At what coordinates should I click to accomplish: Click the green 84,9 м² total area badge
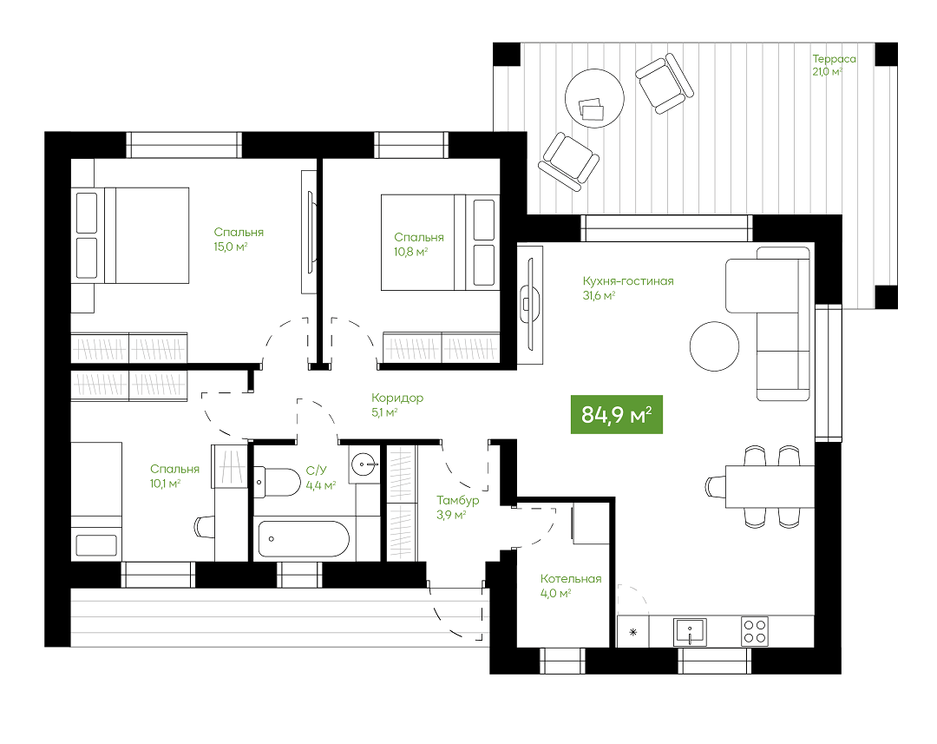pos(617,414)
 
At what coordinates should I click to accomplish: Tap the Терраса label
pos(834,59)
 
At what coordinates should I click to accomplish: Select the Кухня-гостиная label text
pos(628,280)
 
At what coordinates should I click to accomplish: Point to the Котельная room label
pos(571,578)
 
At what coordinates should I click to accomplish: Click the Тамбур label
pos(458,500)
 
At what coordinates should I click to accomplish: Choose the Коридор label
pos(397,398)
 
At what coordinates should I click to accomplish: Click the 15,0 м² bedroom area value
pos(231,247)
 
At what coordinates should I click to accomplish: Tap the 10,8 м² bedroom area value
pos(410,252)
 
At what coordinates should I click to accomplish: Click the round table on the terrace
pos(594,98)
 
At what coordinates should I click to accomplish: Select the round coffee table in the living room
pos(714,346)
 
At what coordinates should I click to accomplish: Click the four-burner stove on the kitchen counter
pos(754,631)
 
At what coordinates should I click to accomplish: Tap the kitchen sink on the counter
pos(690,631)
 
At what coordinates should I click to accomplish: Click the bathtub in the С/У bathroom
pos(304,539)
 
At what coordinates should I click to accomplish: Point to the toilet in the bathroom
pos(278,482)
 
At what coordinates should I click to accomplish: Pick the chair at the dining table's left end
pos(715,486)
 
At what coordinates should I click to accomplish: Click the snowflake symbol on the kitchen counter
pos(633,632)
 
